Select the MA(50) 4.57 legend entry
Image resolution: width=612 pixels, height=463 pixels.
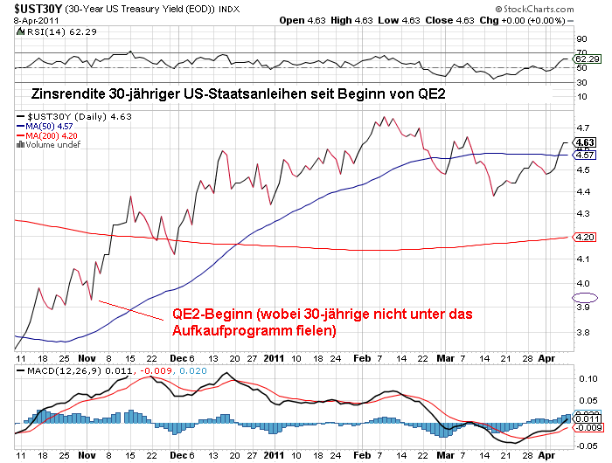pos(50,126)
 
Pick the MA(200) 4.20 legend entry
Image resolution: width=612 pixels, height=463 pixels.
pos(52,135)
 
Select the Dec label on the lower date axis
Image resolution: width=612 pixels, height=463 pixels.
pos(177,455)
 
